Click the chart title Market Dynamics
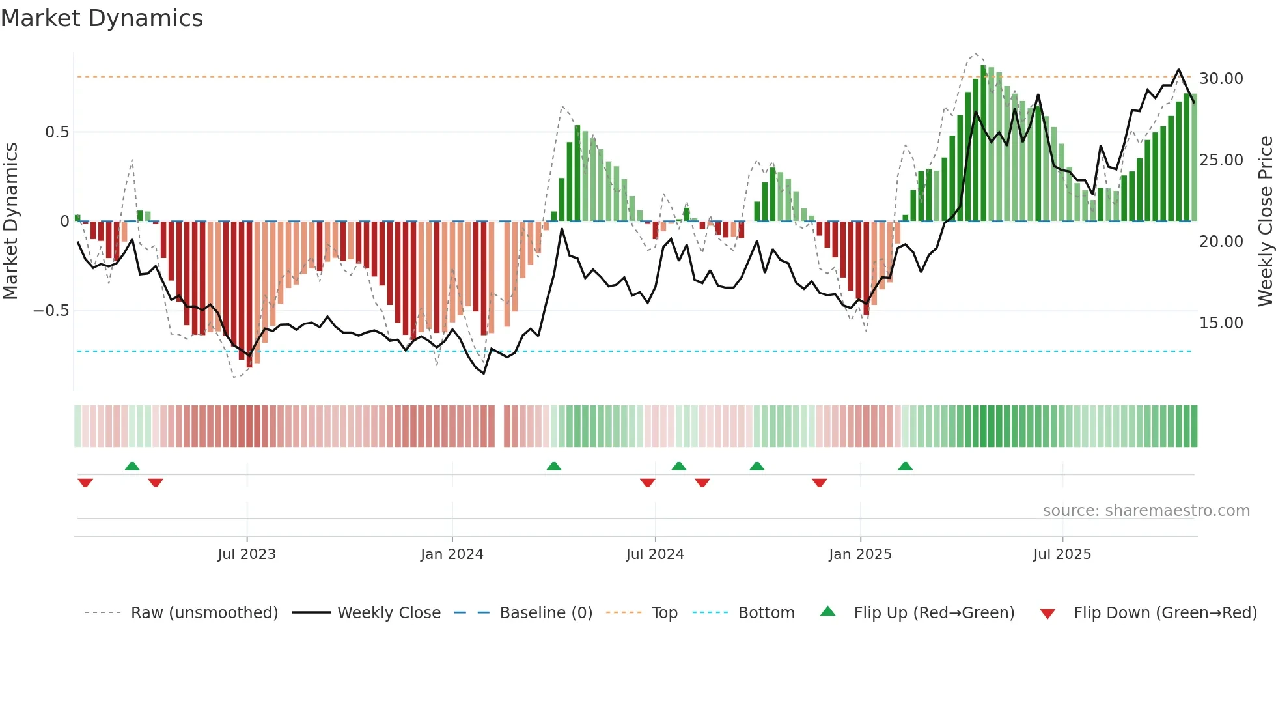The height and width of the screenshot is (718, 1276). coord(102,18)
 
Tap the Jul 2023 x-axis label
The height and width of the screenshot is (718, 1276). coord(247,554)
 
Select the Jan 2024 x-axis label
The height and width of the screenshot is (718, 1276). coord(452,554)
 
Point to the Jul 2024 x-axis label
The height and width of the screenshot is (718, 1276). coord(655,554)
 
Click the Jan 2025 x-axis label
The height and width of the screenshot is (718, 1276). coord(860,554)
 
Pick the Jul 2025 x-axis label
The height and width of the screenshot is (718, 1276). coord(1062,554)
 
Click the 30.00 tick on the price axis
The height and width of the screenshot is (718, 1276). coord(1221,79)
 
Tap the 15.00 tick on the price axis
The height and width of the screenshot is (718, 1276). coord(1221,323)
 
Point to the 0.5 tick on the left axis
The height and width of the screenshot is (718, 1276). coord(57,132)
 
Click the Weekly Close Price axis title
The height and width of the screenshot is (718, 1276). coord(1265,222)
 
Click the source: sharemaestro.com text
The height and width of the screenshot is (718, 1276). coord(1146,511)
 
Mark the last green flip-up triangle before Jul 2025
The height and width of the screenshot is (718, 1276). coord(905,467)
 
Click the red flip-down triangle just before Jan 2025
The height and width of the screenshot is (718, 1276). coord(820,482)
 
